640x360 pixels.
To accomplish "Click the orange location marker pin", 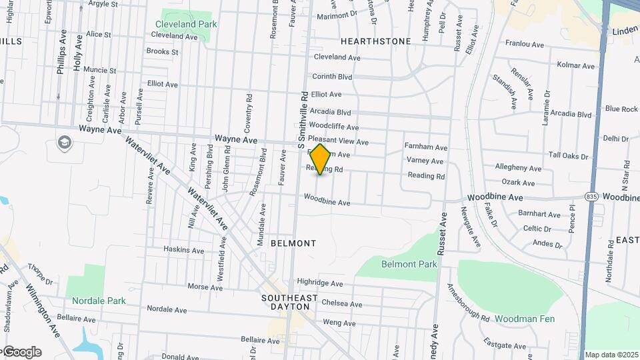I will click(321, 159).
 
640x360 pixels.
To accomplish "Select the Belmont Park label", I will click(409, 264).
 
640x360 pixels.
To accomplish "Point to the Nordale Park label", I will click(99, 301).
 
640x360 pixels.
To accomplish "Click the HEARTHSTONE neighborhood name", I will click(375, 41).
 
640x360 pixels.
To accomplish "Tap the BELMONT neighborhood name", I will click(293, 243).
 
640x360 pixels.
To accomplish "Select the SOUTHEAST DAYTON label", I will click(285, 302).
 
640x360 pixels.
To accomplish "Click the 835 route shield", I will click(592, 197).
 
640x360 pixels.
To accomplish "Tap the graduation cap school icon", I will click(64, 142).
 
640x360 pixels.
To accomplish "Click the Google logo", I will click(22, 352).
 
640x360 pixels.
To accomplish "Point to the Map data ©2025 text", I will click(611, 355).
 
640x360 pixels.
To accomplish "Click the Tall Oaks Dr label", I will click(569, 156).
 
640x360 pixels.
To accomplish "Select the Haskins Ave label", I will click(184, 250).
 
